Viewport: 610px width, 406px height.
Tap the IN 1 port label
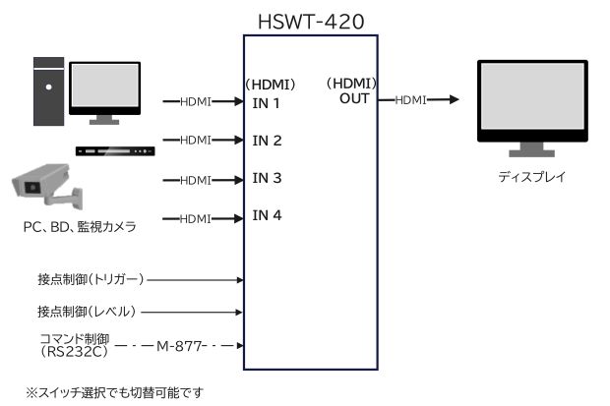tap(267, 103)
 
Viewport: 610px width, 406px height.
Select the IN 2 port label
tap(267, 141)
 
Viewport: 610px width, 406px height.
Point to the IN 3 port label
tap(267, 178)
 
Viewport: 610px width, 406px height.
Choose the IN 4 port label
tap(267, 215)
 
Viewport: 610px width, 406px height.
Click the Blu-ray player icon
tap(116, 151)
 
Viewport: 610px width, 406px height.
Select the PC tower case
tap(47, 90)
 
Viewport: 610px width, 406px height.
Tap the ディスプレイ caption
tap(531, 178)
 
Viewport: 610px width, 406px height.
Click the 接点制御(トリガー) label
tap(91, 280)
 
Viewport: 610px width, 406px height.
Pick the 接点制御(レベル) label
tap(86, 313)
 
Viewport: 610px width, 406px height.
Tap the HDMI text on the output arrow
tap(410, 100)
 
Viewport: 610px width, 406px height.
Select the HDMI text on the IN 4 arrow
tap(196, 217)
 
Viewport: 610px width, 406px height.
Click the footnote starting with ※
tap(113, 392)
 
